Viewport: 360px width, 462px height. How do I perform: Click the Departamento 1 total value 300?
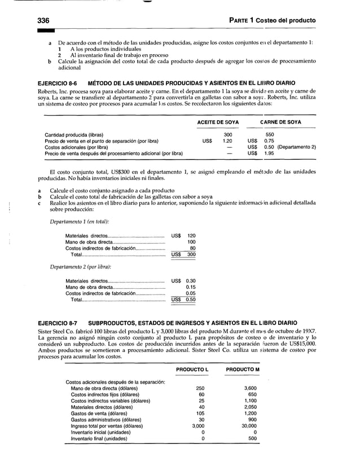(x=191, y=254)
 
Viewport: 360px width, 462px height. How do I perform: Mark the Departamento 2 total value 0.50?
(x=191, y=300)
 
